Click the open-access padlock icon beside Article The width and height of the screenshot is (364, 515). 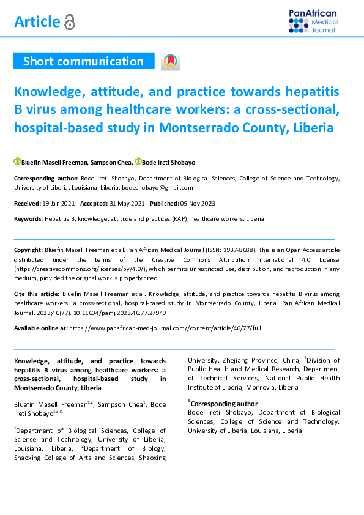pos(69,23)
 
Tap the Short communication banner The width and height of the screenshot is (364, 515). pos(83,61)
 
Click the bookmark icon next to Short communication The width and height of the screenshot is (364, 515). pos(171,61)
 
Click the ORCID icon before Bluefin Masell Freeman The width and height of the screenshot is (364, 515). pos(17,161)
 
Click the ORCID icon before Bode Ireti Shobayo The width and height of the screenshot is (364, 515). pos(138,161)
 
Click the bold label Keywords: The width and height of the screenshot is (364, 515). pos(28,218)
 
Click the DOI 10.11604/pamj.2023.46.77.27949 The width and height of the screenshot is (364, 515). pos(125,313)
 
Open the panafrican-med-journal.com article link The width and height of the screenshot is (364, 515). pos(165,328)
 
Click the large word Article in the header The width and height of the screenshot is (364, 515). pos(37,22)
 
